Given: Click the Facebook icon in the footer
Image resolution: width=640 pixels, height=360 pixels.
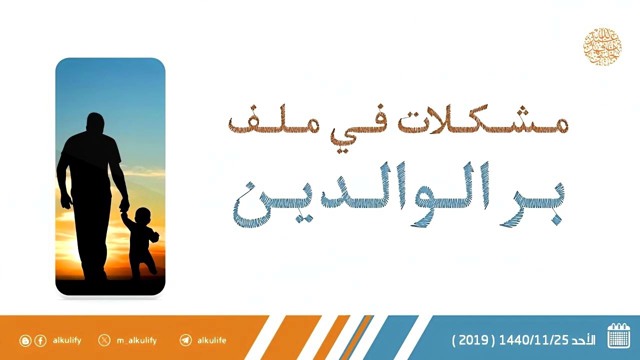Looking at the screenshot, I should pos(40,341).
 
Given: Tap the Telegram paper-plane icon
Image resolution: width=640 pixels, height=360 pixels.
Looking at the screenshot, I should pos(185,340).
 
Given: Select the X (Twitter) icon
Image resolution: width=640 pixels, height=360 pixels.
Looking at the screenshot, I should pos(104,340).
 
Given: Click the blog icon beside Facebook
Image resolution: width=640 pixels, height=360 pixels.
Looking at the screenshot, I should pos(25,341).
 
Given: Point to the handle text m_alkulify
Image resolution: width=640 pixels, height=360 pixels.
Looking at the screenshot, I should pos(136,340).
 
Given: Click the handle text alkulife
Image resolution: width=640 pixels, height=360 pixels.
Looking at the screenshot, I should pos(211,340).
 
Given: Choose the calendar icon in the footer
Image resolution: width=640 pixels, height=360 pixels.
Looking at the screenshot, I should pos(618,336).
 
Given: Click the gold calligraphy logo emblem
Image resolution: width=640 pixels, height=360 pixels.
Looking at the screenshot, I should pos(602,47).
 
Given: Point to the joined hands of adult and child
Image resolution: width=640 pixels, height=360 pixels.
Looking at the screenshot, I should pos(123,206).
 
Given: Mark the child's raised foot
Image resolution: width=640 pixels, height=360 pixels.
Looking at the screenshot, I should pos(153,270).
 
